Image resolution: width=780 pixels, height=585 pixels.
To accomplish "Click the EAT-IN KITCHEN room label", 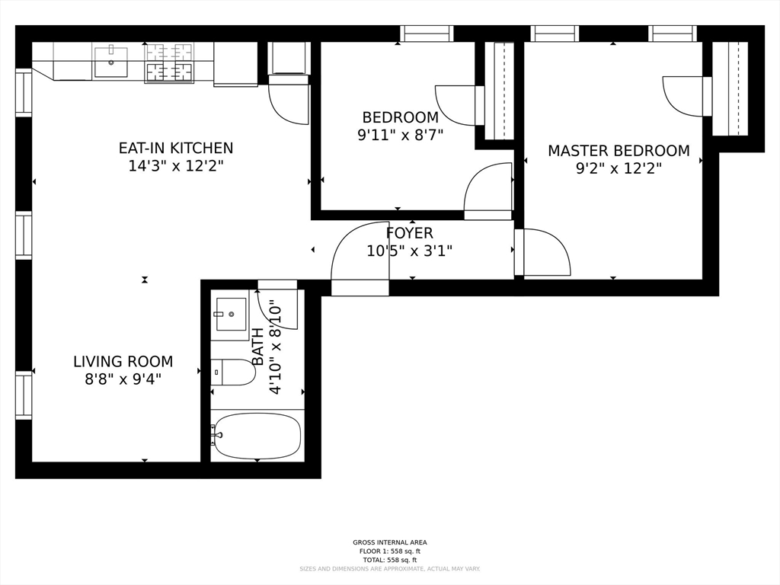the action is click(x=176, y=149).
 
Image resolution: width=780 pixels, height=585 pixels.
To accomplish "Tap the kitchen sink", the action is click(x=111, y=62).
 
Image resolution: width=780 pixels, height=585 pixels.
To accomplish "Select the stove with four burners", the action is click(x=169, y=62).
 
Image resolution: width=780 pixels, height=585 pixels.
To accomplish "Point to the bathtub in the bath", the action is click(x=257, y=436).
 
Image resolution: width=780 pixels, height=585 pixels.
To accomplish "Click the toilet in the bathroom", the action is click(x=232, y=372).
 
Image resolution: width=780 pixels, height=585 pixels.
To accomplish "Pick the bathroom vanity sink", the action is click(x=231, y=314).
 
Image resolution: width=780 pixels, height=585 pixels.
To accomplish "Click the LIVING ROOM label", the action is click(x=123, y=362).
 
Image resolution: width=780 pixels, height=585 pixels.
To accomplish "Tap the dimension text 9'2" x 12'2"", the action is click(x=619, y=168).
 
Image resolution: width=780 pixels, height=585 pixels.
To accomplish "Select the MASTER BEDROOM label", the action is click(x=619, y=151).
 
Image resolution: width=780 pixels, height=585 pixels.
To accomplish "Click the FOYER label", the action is click(x=409, y=233).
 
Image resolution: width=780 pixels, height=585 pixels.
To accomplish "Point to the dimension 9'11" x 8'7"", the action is click(x=401, y=135).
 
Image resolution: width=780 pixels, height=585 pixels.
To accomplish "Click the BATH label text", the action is click(x=257, y=347).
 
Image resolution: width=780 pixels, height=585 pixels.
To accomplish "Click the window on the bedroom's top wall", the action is click(x=427, y=34).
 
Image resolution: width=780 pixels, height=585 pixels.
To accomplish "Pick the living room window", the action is click(x=24, y=395).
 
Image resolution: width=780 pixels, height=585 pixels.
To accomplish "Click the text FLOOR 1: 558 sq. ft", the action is click(x=390, y=551).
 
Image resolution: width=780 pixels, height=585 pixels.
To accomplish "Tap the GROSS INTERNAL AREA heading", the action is click(x=390, y=542).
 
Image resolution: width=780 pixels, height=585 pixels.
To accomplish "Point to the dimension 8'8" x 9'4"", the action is click(x=123, y=379).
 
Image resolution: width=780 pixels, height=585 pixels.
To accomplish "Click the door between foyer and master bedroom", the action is click(x=542, y=251).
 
